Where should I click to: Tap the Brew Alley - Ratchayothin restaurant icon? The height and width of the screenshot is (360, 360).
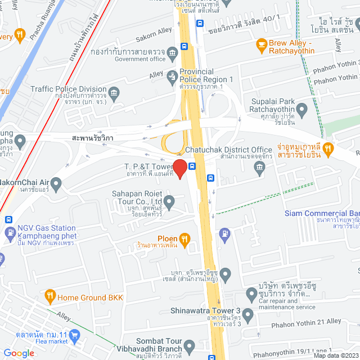[x=261, y=43]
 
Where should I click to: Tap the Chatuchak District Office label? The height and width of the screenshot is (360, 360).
[x=236, y=150]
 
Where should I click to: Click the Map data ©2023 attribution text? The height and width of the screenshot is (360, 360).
[x=335, y=355]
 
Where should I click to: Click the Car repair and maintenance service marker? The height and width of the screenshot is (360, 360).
[x=251, y=294]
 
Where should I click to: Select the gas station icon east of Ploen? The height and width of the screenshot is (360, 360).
[x=224, y=232]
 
